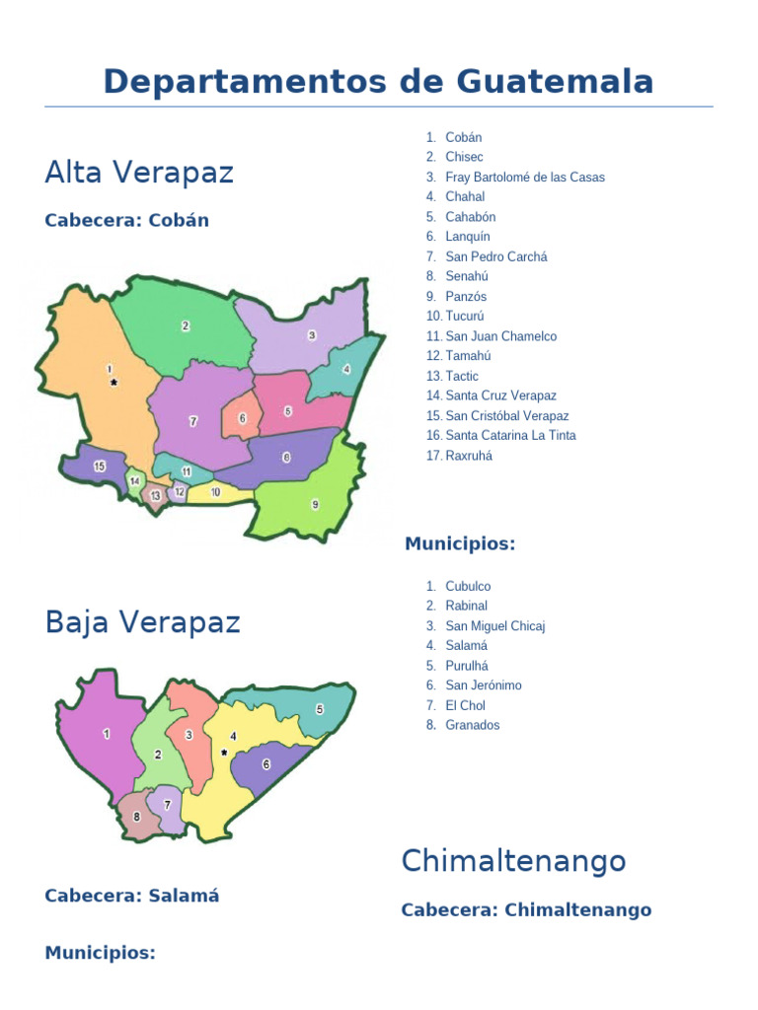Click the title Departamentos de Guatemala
pos(378,81)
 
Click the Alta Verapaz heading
pos(139,173)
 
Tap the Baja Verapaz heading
pos(142,622)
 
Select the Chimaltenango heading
pos(513,861)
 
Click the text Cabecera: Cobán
pos(126,220)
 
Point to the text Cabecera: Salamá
pos(131,896)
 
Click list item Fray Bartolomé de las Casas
pos(524,178)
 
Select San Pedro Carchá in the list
pos(495,256)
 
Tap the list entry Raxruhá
pos(468,456)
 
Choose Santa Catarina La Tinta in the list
pos(510,435)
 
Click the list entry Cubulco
pos(467,586)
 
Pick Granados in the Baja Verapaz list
pos(472,725)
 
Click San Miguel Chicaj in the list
pos(494,626)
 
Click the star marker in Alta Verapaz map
pos(114,382)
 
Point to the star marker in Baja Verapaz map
pos(225,753)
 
